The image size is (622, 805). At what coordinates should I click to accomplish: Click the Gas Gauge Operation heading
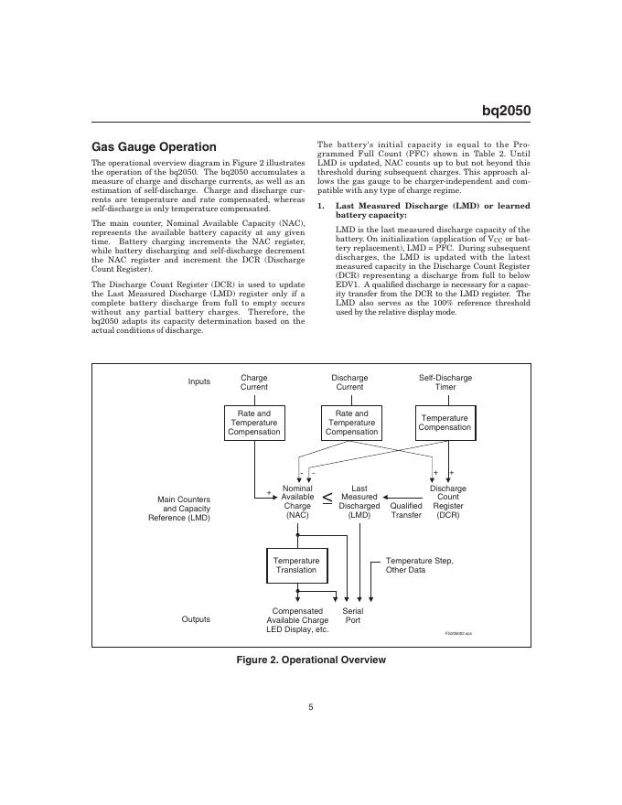(x=154, y=146)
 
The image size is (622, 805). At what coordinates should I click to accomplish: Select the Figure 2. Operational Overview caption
(x=311, y=660)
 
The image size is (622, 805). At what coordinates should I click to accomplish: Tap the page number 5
(x=311, y=705)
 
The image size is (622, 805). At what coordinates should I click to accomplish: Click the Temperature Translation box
(x=296, y=564)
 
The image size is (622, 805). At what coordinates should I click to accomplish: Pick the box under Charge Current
(x=254, y=423)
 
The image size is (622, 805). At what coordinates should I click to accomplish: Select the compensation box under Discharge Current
(x=351, y=423)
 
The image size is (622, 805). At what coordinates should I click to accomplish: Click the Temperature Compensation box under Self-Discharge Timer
(x=445, y=423)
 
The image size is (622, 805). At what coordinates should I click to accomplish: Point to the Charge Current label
(x=254, y=381)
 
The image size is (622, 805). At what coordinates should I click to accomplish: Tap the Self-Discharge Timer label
(x=445, y=381)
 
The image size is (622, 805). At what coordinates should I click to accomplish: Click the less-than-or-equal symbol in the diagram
(x=327, y=499)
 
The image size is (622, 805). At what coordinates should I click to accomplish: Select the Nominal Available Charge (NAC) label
(x=297, y=502)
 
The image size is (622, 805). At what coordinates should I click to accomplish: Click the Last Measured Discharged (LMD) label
(x=359, y=502)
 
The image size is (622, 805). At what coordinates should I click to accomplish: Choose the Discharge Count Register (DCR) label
(x=448, y=502)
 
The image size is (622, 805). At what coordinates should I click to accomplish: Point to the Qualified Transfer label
(x=406, y=510)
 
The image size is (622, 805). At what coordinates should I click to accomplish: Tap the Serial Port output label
(x=352, y=616)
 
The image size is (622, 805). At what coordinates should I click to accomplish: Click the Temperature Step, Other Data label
(x=419, y=564)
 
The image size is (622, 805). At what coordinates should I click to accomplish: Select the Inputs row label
(x=199, y=381)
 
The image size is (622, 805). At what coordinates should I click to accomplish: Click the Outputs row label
(x=196, y=619)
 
